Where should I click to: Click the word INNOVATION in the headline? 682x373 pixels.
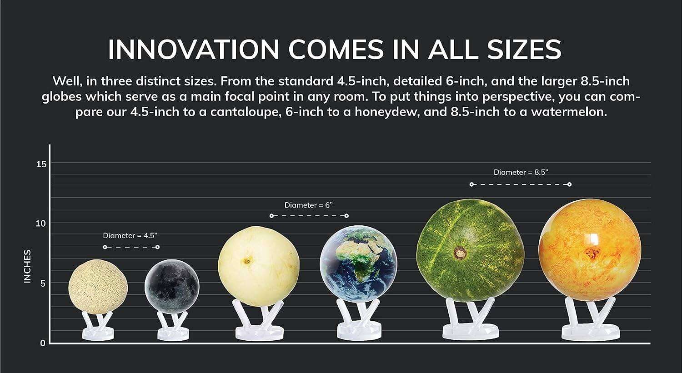pos(194,49)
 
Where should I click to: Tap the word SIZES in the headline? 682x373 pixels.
pos(524,49)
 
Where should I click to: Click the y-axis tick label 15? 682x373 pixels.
pos(41,164)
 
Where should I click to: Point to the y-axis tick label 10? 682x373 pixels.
pos(41,224)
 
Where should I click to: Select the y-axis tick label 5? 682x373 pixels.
pos(43,283)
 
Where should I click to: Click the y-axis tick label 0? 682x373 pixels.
pos(43,343)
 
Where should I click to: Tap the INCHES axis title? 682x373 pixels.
pos(27,267)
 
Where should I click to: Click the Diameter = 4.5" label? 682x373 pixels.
pos(130,235)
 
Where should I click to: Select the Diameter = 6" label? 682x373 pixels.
pos(309,205)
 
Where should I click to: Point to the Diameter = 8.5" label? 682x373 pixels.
pos(521,172)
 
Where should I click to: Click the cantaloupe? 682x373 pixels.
pos(98,287)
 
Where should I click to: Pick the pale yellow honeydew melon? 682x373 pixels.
pos(259,266)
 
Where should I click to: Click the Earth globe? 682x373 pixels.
pos(358,264)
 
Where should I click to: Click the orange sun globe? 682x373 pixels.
pos(590,250)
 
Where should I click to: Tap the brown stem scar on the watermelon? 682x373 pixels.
pos(460,252)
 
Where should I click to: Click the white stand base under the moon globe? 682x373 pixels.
pos(173,334)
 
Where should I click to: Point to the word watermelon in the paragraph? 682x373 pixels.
pos(569,112)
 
